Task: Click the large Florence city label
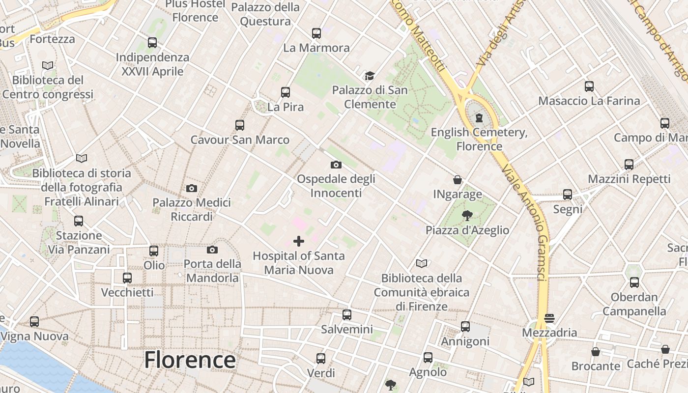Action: coord(190,360)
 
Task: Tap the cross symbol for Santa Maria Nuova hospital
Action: coord(298,241)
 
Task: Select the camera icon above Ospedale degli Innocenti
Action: coord(336,165)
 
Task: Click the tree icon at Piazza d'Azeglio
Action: coord(467,215)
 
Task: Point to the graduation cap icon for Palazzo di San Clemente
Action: coord(370,76)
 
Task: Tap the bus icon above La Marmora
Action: coord(316,33)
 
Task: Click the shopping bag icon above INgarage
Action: coord(458,180)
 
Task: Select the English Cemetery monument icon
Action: coord(479,118)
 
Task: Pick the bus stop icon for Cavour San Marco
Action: coord(240,125)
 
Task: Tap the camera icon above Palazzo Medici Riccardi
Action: coord(192,188)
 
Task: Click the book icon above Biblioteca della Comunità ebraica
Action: coord(422,264)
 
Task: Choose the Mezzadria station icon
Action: coord(549,318)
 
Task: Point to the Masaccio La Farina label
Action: coord(589,101)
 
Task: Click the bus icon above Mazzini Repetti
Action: coord(629,165)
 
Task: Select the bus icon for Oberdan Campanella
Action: coord(634,282)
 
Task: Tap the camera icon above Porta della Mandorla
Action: coord(212,250)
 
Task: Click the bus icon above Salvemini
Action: coord(347,315)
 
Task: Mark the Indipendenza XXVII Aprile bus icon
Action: coord(152,43)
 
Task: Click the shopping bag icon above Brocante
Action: coord(596,352)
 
